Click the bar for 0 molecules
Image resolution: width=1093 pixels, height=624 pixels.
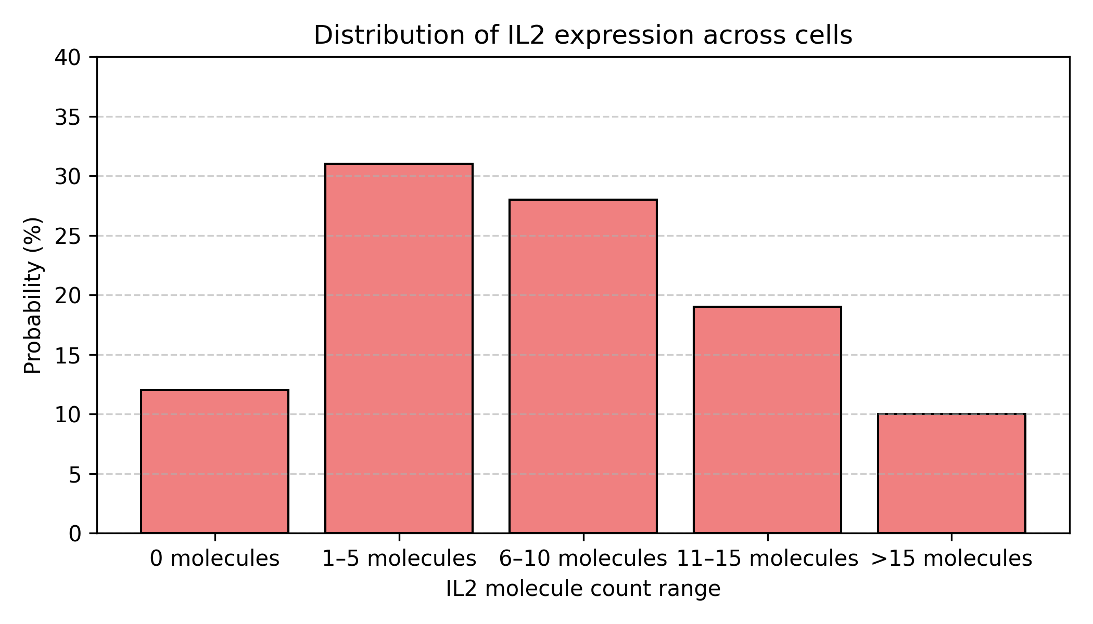(214, 461)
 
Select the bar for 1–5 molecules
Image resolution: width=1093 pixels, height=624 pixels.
(399, 348)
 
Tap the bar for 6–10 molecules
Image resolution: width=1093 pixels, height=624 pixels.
(583, 366)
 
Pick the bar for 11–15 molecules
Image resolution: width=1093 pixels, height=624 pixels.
(767, 420)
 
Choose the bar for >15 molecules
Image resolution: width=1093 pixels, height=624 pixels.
(951, 473)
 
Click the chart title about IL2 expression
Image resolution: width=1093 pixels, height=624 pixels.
(583, 35)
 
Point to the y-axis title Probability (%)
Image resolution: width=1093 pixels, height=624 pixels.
(33, 295)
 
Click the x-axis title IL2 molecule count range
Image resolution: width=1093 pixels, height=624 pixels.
(583, 589)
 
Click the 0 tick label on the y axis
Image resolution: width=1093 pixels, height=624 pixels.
(75, 534)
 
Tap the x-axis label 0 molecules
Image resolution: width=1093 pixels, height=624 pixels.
(214, 558)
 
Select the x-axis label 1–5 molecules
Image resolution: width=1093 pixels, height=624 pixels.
(399, 558)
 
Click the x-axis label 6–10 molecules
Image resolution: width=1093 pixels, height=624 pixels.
(583, 558)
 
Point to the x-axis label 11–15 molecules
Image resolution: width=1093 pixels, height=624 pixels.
(767, 558)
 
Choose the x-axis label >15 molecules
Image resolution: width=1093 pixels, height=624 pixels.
(951, 558)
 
